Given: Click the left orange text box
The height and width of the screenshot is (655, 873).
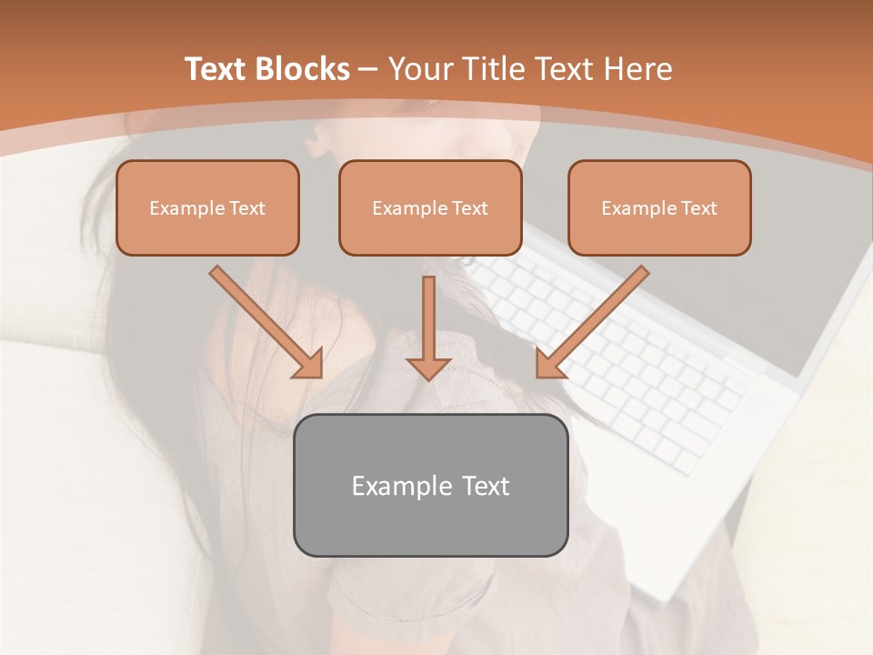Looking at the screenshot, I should (207, 207).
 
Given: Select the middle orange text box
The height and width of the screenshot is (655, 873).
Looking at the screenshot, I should (430, 207).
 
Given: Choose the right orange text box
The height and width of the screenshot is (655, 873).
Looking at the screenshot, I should (659, 207).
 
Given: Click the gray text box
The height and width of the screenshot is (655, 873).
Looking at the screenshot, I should (430, 485).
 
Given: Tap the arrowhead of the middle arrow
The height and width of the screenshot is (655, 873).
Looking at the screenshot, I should (428, 367).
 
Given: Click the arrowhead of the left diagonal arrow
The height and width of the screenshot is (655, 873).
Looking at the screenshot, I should (309, 364).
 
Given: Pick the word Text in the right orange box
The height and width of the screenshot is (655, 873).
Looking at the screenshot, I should (698, 208).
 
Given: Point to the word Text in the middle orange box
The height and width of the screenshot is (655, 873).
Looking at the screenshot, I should (469, 208).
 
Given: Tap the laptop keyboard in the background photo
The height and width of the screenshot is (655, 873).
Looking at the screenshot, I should (637, 364).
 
